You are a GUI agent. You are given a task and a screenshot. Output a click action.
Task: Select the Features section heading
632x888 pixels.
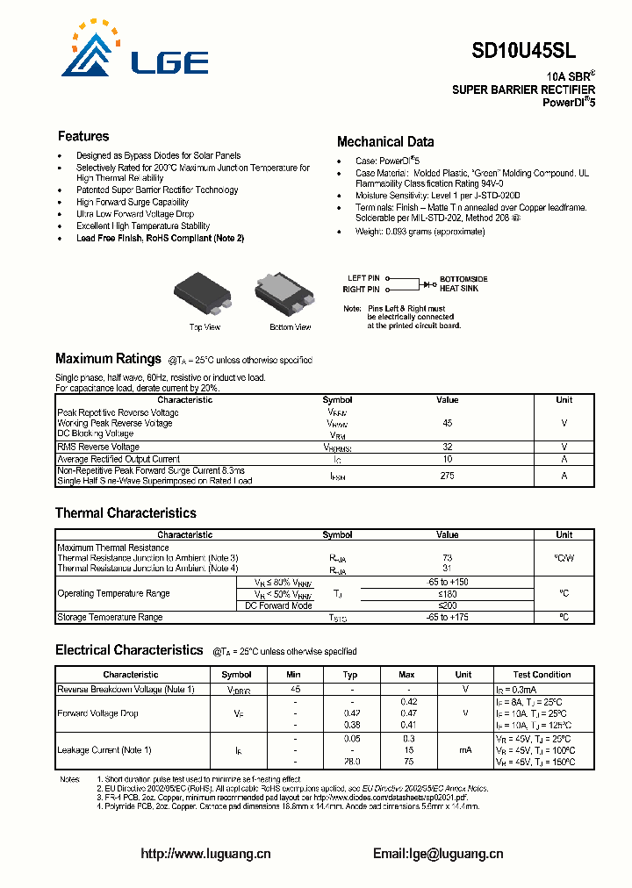tap(83, 136)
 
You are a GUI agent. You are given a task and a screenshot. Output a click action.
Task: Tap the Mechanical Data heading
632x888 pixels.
tap(385, 141)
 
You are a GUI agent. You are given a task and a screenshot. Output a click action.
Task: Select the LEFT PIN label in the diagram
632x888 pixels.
tap(363, 279)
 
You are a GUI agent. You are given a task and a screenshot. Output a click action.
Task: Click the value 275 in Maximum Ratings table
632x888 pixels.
tap(447, 476)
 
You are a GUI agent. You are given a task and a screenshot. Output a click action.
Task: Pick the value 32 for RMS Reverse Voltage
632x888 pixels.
tap(447, 447)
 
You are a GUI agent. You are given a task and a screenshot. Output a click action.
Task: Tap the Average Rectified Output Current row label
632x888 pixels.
tap(118, 459)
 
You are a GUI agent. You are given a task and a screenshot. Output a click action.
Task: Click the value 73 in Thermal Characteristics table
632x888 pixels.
tap(447, 558)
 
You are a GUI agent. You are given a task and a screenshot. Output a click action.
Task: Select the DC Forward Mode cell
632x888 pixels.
tap(278, 605)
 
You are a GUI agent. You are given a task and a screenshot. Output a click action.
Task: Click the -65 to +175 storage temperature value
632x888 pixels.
tap(447, 618)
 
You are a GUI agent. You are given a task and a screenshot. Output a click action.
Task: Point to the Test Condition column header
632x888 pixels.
tap(542, 675)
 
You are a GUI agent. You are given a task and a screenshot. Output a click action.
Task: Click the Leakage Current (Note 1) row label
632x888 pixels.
tap(104, 749)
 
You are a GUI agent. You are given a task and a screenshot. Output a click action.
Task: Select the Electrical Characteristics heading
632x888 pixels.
tap(129, 650)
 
